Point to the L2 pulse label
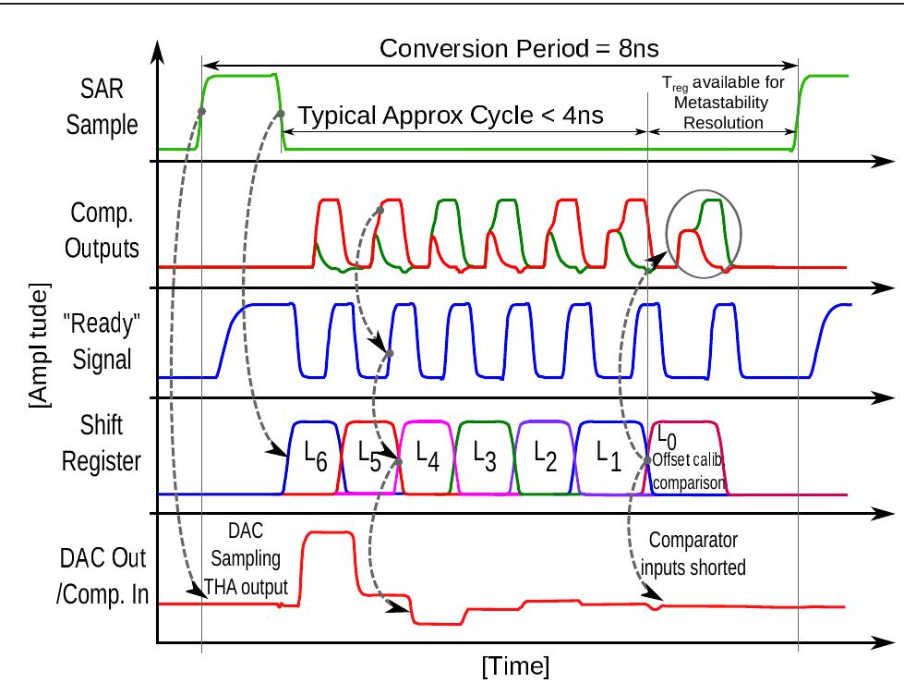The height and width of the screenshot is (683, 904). [x=544, y=455]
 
